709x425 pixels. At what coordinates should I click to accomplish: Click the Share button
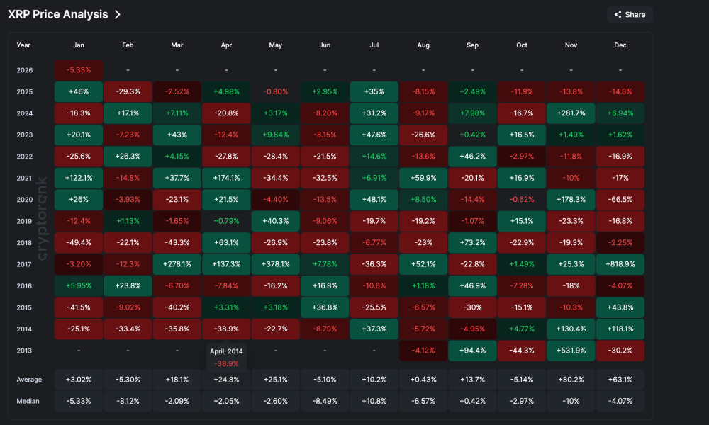[x=630, y=14]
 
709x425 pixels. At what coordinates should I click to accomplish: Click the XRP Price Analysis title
[x=58, y=14]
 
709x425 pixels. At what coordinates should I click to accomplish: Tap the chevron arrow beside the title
[x=117, y=14]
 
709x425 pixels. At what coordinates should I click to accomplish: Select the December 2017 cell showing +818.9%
[x=620, y=264]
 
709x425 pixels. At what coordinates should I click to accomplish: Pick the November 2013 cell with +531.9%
[x=571, y=351]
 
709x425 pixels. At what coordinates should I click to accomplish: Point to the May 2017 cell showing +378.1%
[x=276, y=264]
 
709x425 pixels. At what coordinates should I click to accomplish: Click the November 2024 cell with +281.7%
[x=571, y=113]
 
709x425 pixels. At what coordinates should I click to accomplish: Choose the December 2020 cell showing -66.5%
[x=620, y=200]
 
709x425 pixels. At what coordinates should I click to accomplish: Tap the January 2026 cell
[x=79, y=70]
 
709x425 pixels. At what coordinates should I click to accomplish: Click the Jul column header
[x=374, y=45]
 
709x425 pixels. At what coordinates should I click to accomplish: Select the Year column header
[x=23, y=45]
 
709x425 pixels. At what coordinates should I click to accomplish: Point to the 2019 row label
[x=24, y=221]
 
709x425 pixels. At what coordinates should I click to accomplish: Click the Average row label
[x=29, y=380]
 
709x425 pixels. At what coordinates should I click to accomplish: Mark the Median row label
[x=28, y=401]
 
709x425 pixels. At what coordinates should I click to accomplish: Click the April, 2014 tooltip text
[x=226, y=351]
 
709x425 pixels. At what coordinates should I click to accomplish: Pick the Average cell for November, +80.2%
[x=571, y=380]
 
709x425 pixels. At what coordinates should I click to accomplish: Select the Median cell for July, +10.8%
[x=374, y=401]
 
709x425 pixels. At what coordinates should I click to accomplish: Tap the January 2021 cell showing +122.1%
[x=79, y=178]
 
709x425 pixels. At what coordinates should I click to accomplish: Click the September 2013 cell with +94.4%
[x=472, y=351]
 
